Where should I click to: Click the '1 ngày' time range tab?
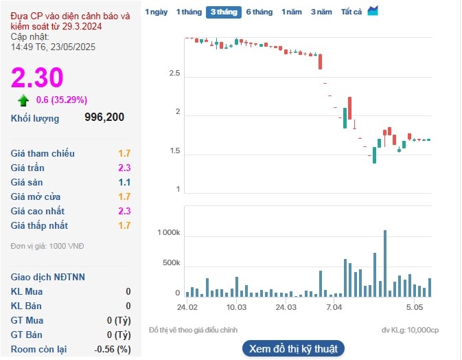(157, 12)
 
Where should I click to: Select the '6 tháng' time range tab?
(259, 12)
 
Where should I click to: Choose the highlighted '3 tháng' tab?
(223, 12)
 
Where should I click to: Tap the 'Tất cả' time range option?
(351, 12)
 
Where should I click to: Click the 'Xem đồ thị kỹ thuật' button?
(294, 348)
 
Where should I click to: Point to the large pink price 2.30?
(37, 77)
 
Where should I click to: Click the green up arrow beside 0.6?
(24, 100)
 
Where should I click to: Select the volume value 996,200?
(104, 117)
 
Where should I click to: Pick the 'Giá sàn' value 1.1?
(124, 182)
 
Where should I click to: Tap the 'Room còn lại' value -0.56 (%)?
(113, 350)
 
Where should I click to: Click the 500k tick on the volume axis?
(170, 264)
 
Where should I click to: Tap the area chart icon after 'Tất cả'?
(373, 11)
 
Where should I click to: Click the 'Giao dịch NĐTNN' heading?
(48, 277)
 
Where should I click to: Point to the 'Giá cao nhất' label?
(39, 211)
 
